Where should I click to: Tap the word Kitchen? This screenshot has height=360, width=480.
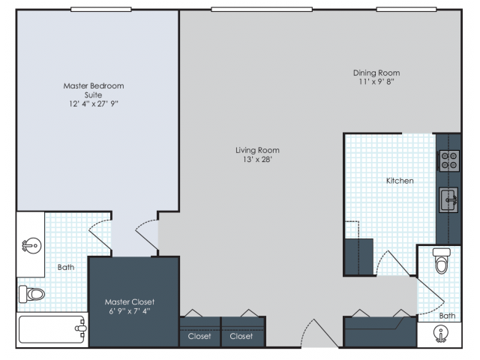coord(400,181)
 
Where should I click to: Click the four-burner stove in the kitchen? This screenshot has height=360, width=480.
coord(449,160)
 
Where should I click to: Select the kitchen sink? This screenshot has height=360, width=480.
coord(448,200)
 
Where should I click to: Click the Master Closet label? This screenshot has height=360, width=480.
coord(130,302)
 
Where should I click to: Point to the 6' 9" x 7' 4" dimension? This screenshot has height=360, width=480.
coord(130,312)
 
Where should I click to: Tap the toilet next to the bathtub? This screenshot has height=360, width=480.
coord(33,294)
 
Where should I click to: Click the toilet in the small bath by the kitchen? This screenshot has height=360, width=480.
coord(440,262)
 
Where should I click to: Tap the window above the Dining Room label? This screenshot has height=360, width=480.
coord(406,10)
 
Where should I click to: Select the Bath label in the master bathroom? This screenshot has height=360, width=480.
coord(66,267)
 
